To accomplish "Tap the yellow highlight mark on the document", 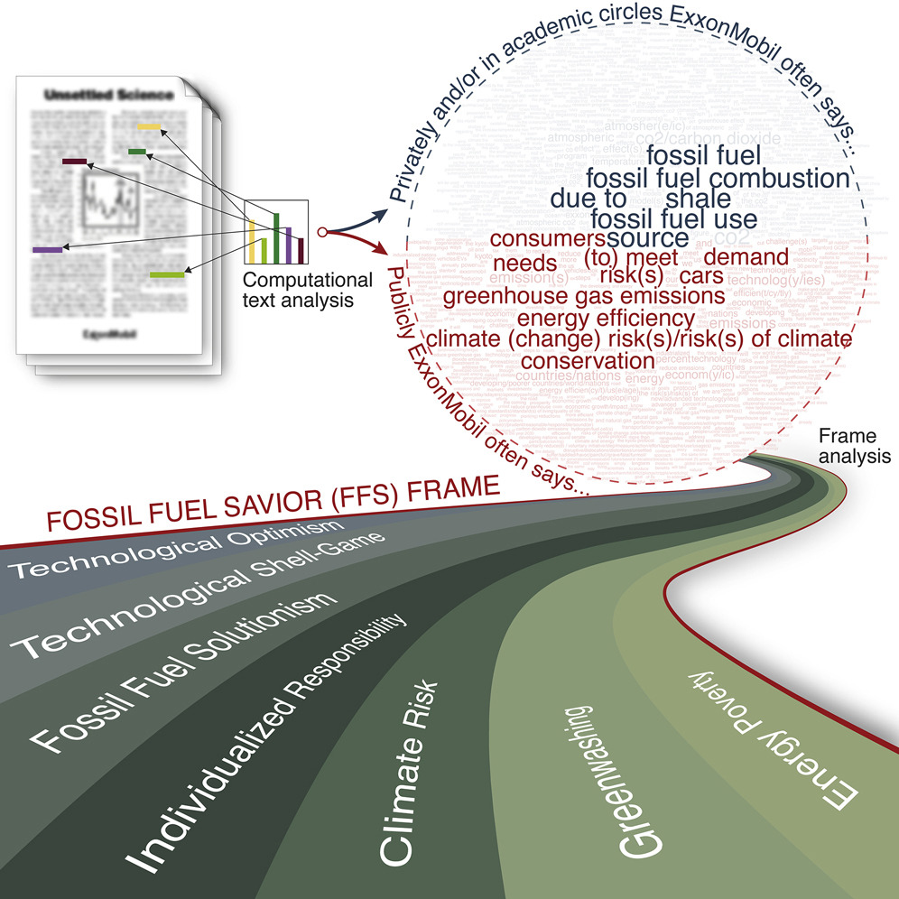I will point(148,125).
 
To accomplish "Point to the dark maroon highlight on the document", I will point(74,161).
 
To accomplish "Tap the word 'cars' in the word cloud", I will point(702,275).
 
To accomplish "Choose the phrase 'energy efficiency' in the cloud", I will point(606,318).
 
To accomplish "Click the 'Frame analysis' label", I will point(853,447).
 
